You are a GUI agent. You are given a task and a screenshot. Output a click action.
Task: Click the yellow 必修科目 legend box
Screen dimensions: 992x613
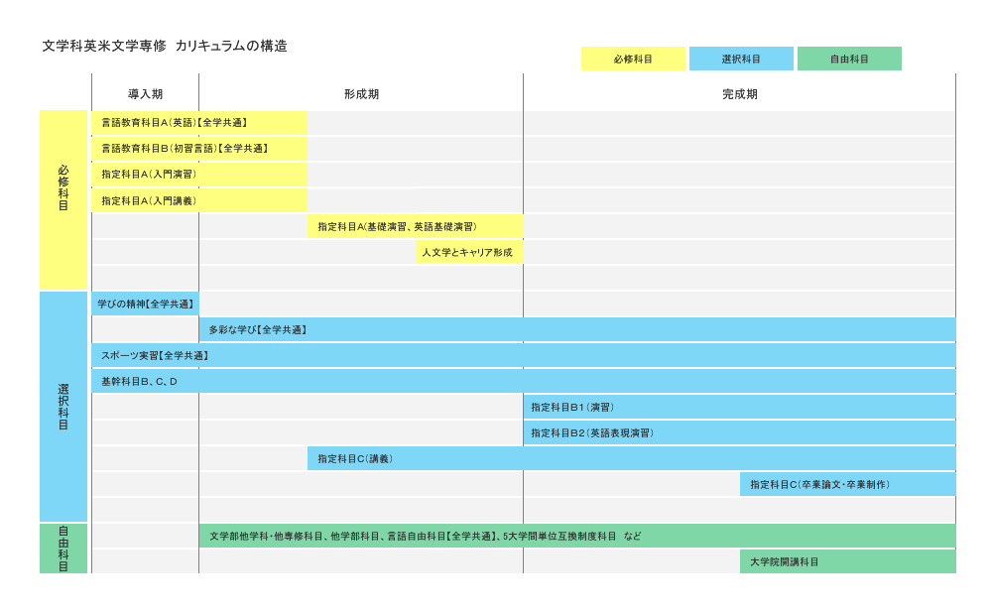point(633,59)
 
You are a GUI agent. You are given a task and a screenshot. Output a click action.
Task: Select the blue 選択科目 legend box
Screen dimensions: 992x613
point(741,59)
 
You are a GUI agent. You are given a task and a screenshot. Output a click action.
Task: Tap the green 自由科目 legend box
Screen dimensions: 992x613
point(850,59)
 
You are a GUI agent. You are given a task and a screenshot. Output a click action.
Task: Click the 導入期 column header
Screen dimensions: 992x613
point(146,94)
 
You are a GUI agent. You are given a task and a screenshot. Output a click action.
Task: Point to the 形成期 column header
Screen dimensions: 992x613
point(362,94)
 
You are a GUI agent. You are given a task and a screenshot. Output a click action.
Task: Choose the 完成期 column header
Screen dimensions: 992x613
point(740,94)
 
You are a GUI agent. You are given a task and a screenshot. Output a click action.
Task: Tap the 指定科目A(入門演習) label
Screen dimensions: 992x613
point(150,175)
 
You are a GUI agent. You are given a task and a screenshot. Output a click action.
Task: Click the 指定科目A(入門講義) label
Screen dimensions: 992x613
point(150,200)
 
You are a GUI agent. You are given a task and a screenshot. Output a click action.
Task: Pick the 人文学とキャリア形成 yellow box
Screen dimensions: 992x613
point(469,252)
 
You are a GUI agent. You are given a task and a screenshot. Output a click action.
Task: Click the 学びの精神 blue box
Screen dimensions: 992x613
point(146,304)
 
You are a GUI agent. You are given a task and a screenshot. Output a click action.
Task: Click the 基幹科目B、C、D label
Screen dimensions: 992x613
point(139,382)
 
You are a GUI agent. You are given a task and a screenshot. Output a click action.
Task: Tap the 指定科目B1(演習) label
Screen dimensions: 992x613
point(572,408)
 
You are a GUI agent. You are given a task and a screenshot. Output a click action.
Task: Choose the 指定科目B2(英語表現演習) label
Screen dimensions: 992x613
point(592,433)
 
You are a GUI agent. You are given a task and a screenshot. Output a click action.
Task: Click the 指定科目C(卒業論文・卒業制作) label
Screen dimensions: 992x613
point(820,485)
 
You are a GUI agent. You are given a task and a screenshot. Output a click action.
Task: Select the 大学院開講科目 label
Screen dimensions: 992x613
point(785,561)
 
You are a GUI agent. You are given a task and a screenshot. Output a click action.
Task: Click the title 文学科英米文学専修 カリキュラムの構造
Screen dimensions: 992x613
point(165,46)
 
